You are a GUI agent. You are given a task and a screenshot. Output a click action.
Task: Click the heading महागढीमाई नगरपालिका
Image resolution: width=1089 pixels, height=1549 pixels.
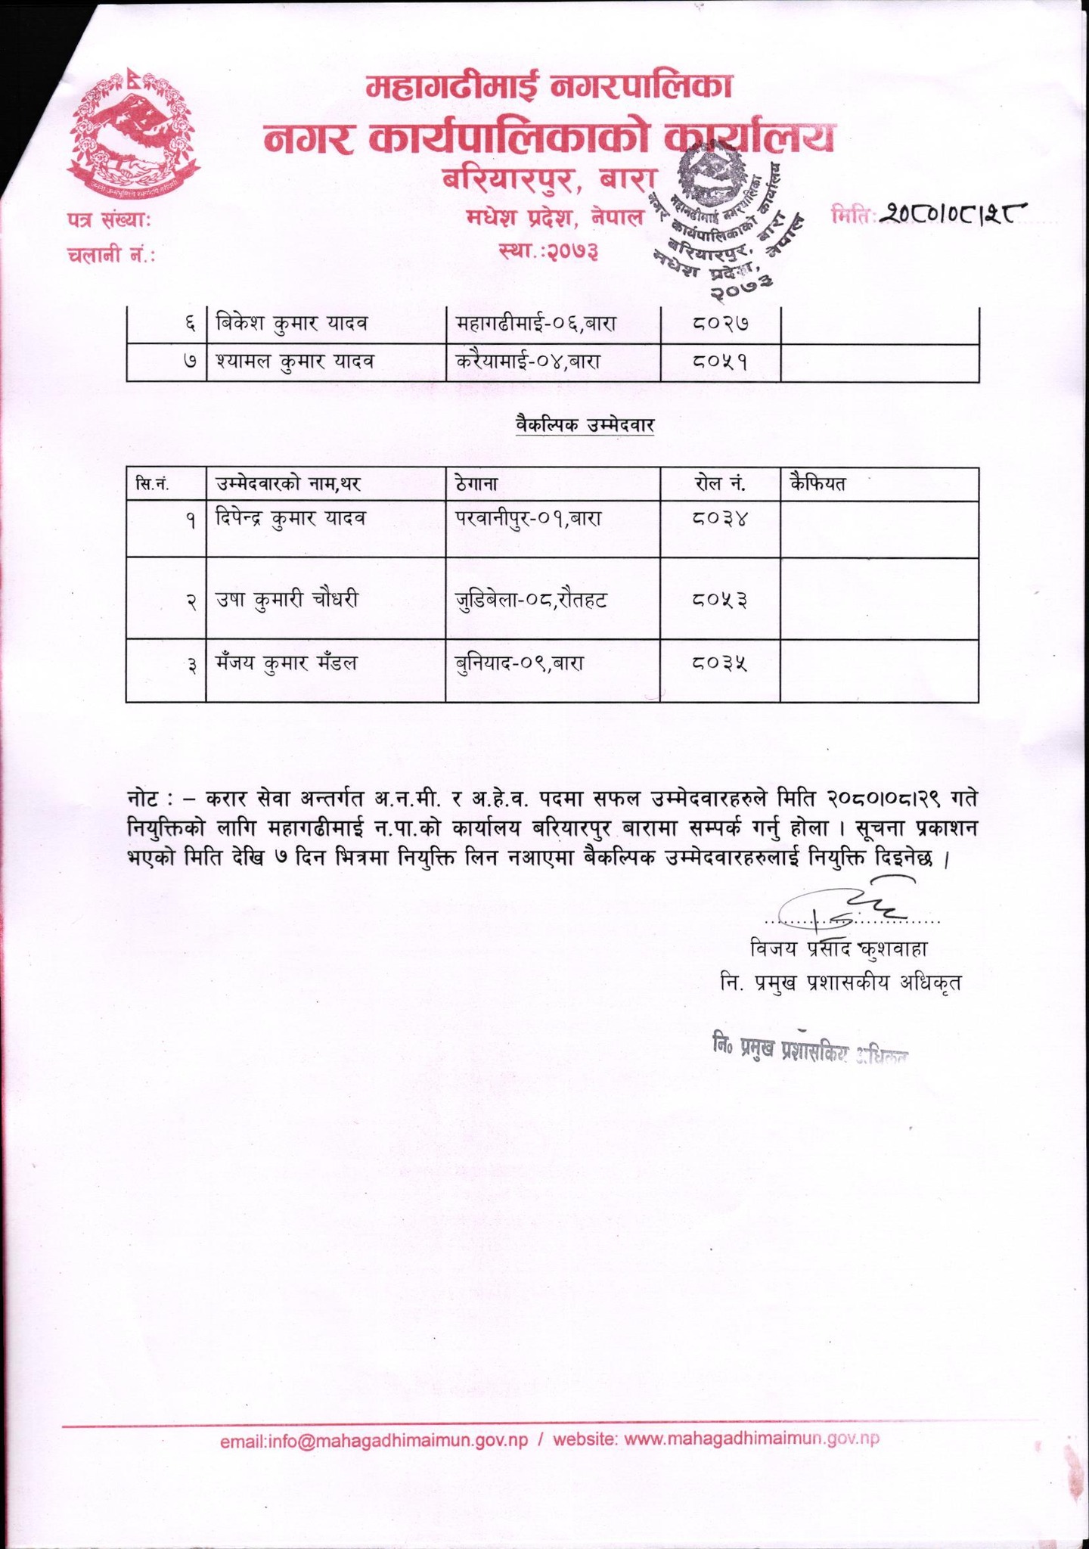point(550,88)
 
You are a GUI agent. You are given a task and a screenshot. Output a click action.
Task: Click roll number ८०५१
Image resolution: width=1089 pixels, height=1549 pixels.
point(719,362)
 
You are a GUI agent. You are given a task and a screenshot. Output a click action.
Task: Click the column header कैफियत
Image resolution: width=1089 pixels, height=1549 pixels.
point(817,484)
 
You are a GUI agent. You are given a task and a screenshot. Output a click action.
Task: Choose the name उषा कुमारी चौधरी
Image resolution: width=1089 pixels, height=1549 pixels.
point(287,600)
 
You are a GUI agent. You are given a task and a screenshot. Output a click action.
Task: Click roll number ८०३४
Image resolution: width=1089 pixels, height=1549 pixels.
point(719,519)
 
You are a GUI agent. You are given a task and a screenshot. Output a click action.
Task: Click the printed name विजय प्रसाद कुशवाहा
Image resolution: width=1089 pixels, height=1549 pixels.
point(839,948)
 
